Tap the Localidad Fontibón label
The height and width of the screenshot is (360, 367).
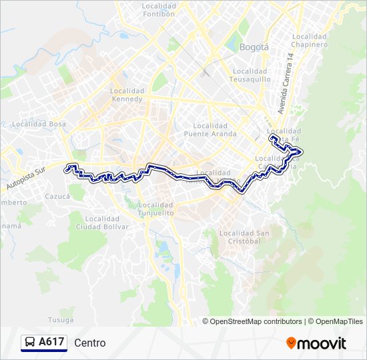click(158, 9)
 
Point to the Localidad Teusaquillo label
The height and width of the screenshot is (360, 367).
click(249, 75)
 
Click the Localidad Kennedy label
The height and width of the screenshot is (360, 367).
click(127, 95)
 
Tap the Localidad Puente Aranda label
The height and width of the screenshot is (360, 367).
click(210, 129)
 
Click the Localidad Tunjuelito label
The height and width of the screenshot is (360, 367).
click(157, 209)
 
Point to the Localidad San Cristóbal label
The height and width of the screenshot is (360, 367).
click(240, 237)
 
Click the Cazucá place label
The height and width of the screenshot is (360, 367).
click(57, 197)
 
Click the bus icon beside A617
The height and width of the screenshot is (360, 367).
click(30, 343)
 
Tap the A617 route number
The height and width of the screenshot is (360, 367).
click(51, 343)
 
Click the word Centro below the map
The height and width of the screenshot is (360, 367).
click(90, 343)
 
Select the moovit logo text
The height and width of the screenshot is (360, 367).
click(322, 343)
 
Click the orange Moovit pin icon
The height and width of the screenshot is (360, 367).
click(291, 343)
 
